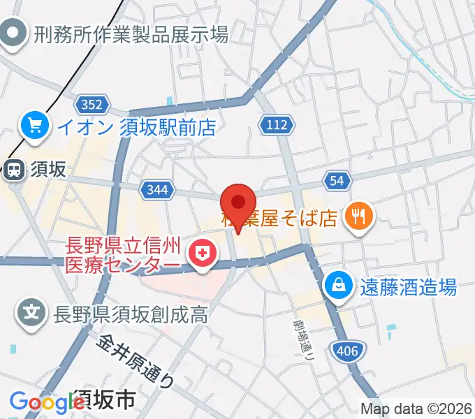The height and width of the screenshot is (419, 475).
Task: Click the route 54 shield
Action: (337, 181)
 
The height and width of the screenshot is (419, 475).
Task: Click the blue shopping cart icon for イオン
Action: (34, 126)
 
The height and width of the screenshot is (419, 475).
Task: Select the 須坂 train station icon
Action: (13, 169)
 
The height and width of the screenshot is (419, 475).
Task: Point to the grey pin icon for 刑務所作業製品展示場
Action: (13, 32)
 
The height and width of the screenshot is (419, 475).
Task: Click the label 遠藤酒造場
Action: (409, 286)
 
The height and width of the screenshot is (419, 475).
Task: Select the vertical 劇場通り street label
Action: (302, 338)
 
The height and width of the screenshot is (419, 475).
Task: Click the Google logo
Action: (46, 402)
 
